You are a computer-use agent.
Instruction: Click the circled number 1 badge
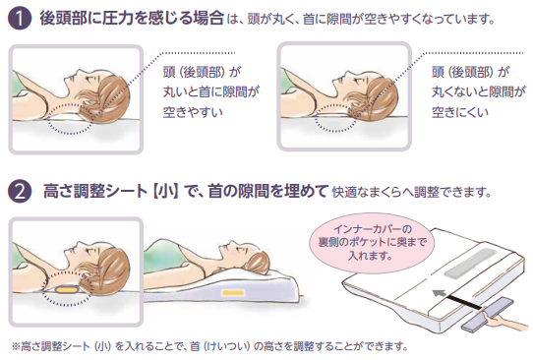(x=17, y=19)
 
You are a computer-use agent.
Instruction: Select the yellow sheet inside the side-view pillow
(x=233, y=292)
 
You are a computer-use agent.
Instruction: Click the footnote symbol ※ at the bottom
(x=15, y=346)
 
